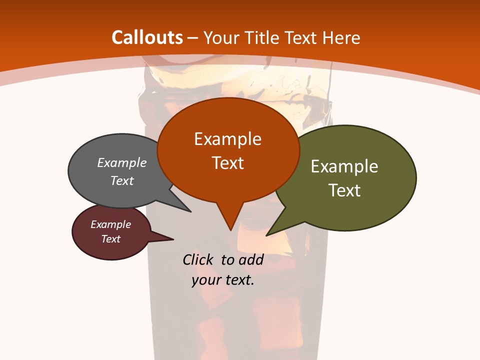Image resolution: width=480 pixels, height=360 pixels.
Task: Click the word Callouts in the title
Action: click(147, 37)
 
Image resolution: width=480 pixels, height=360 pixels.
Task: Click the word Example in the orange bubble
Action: click(227, 139)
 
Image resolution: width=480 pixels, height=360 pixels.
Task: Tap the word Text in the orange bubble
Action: click(227, 163)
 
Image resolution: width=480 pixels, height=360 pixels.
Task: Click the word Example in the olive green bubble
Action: click(344, 166)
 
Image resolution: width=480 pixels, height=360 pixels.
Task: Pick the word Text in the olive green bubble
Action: click(344, 190)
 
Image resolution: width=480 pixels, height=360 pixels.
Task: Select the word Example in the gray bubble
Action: click(122, 162)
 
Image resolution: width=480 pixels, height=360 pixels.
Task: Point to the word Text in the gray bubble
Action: click(122, 180)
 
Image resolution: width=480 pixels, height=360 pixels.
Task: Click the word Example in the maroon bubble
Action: click(111, 224)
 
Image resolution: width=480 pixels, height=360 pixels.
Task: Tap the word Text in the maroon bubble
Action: click(111, 239)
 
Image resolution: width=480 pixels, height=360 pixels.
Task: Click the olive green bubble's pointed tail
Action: click(267, 234)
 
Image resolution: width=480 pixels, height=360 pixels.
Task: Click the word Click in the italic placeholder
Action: click(198, 259)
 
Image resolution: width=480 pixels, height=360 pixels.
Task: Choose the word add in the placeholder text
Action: click(250, 259)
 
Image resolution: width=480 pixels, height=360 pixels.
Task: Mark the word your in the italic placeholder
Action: click(205, 280)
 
